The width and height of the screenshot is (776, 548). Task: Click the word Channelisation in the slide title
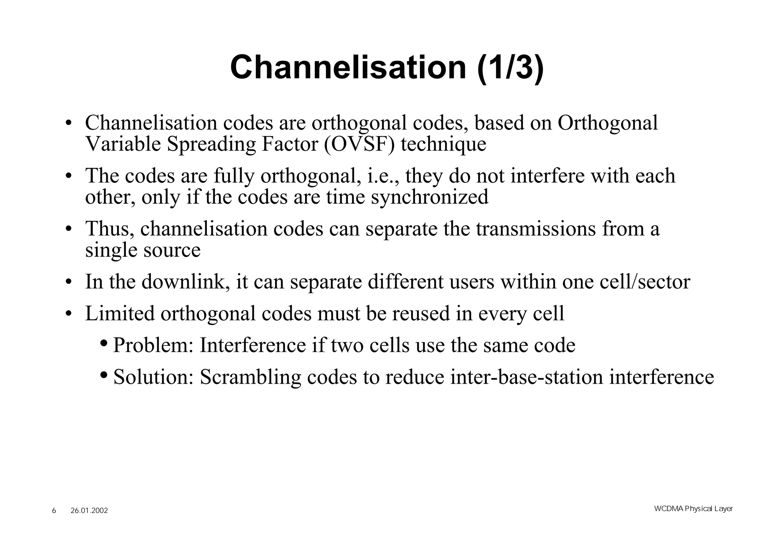click(348, 67)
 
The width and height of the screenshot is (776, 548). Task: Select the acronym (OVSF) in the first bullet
click(359, 144)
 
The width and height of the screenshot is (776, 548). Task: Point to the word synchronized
click(430, 197)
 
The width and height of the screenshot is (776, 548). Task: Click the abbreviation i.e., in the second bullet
click(383, 176)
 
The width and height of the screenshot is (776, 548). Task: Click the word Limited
click(120, 314)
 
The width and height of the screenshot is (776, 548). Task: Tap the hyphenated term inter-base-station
click(526, 377)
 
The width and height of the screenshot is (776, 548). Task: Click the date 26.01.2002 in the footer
click(89, 511)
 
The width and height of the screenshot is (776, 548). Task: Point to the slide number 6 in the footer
click(54, 511)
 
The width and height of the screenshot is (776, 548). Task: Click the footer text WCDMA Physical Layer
click(693, 509)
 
